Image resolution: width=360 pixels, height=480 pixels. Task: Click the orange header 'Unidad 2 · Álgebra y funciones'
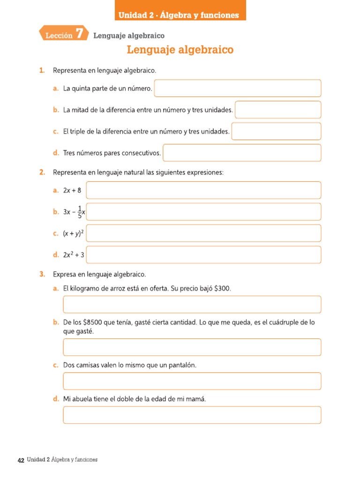(179, 15)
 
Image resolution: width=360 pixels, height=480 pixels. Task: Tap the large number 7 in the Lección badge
(79, 34)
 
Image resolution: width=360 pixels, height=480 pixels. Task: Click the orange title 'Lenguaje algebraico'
(180, 50)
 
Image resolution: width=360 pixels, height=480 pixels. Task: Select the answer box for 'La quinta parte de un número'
(237, 88)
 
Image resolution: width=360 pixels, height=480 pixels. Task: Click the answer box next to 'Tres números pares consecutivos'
(242, 153)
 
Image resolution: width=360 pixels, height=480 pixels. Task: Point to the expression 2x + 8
(72, 190)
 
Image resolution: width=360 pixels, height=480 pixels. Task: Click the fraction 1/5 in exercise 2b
(80, 212)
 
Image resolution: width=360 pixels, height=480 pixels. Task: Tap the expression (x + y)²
(73, 233)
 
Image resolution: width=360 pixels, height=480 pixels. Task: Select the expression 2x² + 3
(74, 255)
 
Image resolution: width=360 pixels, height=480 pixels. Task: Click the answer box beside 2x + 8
(203, 190)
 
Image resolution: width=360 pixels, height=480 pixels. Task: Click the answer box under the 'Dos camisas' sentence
(192, 381)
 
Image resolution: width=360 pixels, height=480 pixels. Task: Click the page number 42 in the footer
(21, 460)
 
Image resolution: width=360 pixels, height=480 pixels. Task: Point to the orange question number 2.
(42, 172)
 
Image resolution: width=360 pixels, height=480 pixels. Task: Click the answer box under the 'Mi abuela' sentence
(192, 415)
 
